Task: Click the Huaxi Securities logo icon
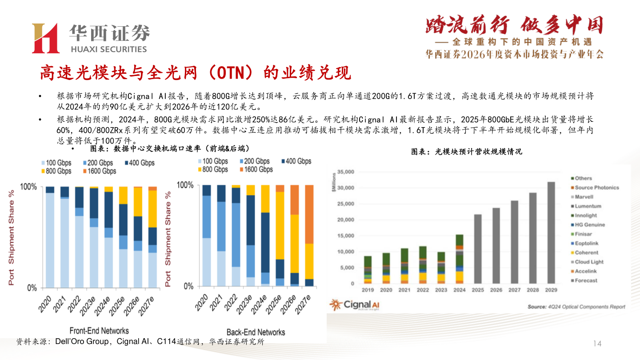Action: (45, 38)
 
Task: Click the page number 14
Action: (597, 343)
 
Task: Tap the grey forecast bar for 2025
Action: (478, 249)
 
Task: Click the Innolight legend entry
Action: (585, 216)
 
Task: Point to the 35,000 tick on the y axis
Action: (346, 172)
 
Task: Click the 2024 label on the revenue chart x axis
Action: (460, 290)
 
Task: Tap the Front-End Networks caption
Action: (99, 331)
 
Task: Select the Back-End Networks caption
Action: (256, 332)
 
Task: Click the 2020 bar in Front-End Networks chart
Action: (50, 237)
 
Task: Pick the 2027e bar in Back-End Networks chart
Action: (309, 236)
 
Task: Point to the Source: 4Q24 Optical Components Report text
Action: (576, 307)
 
